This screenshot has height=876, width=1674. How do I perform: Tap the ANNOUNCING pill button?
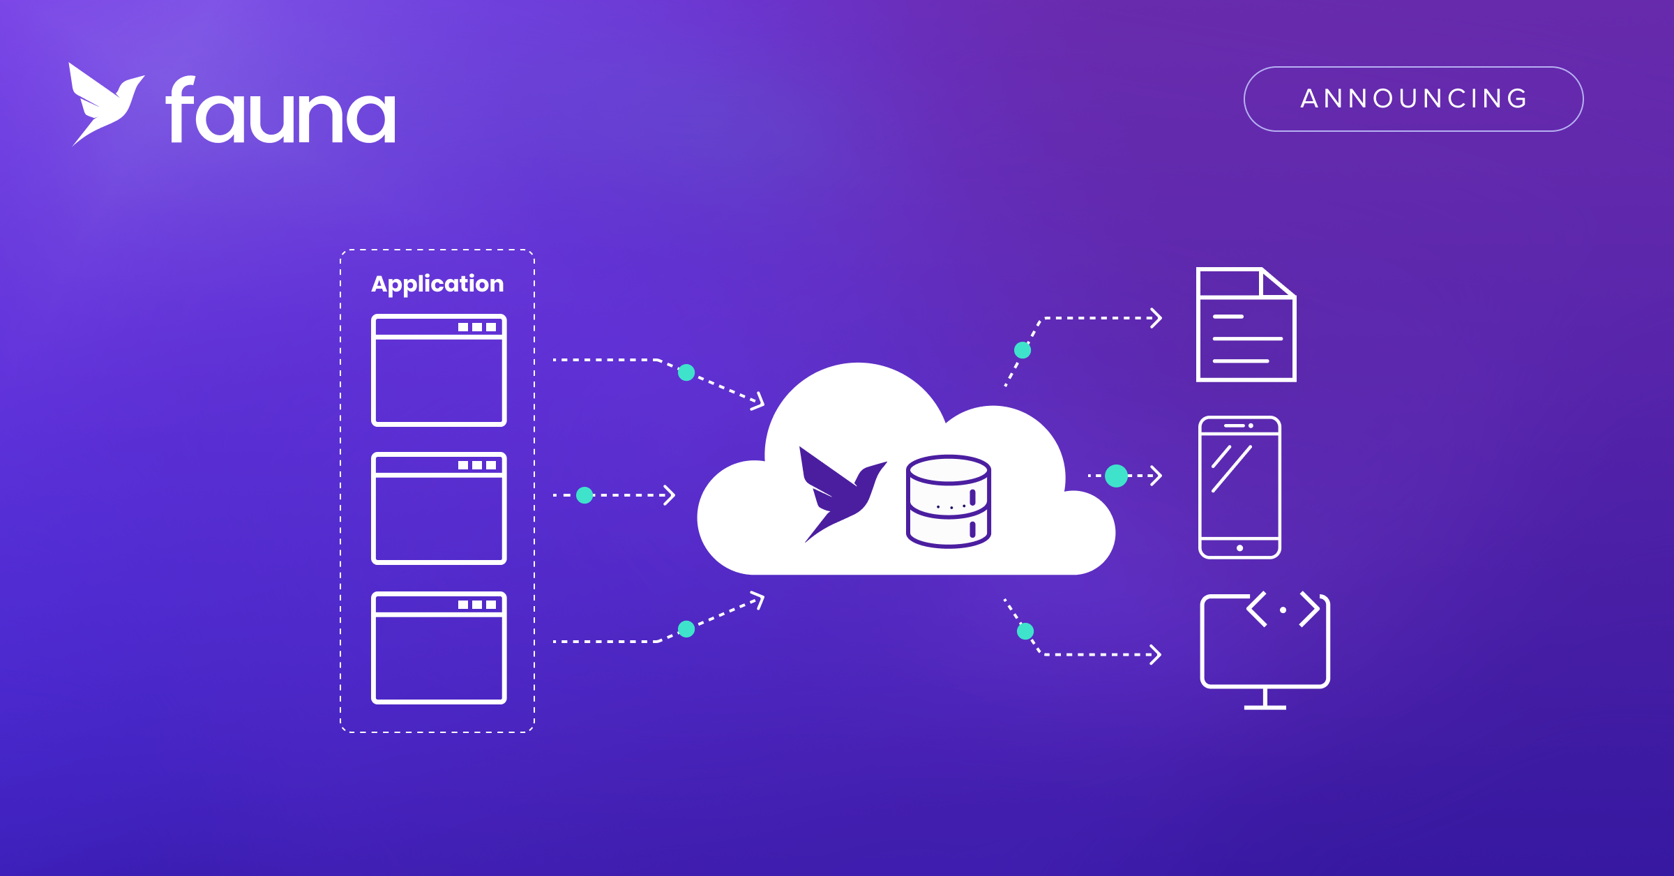[x=1413, y=99]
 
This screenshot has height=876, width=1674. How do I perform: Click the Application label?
[x=437, y=284]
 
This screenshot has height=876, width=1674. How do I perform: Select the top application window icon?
[x=439, y=370]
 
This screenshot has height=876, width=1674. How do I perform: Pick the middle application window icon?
[x=439, y=508]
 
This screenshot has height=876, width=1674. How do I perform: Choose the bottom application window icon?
[x=439, y=647]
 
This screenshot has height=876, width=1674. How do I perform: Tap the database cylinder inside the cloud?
[x=949, y=501]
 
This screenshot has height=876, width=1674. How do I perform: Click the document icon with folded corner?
[x=1246, y=325]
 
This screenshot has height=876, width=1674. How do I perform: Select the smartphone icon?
[x=1239, y=488]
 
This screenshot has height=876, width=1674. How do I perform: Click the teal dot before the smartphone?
[x=1116, y=476]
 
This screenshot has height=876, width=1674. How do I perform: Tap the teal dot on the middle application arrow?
[x=585, y=495]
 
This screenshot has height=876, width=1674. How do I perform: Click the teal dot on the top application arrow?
[x=686, y=372]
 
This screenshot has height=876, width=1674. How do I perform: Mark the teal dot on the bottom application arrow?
[x=686, y=629]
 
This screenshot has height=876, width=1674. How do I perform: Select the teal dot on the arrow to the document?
[x=1023, y=350]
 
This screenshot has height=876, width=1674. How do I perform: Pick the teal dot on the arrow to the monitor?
[x=1025, y=631]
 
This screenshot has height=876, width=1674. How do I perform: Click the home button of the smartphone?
[x=1239, y=548]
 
